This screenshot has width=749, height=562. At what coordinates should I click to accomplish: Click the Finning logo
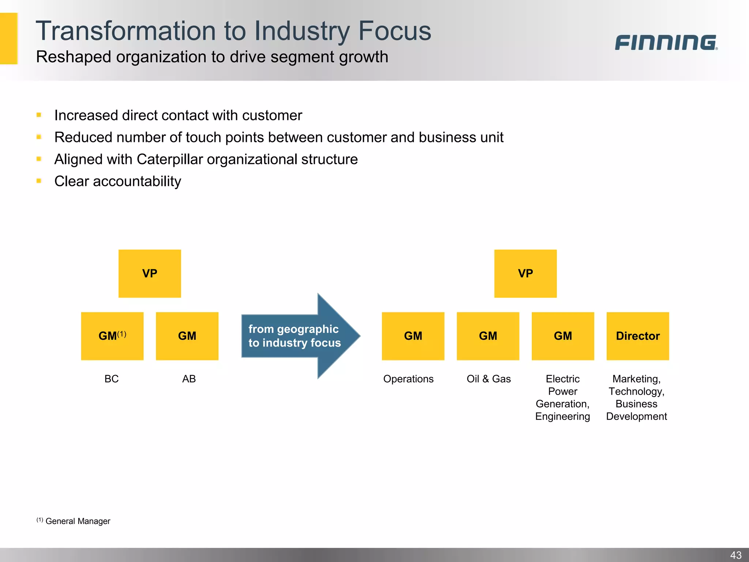tap(666, 42)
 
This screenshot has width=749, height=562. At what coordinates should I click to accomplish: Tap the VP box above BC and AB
tap(150, 273)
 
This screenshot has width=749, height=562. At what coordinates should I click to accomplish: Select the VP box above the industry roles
tap(525, 273)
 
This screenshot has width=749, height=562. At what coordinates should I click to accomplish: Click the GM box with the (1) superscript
tap(112, 336)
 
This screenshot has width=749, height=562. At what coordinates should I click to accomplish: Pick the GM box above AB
tap(187, 336)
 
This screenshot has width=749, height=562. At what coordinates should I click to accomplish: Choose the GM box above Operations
tap(413, 336)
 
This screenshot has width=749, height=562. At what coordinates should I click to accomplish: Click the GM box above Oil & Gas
tap(488, 336)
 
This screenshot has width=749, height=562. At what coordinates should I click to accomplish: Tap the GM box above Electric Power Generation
tap(562, 336)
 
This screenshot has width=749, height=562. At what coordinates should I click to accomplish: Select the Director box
tap(637, 336)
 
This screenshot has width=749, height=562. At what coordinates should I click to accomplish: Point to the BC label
tap(112, 379)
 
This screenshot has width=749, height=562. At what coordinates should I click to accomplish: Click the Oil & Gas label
tap(489, 379)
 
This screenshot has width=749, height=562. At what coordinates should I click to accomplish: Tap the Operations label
tap(408, 379)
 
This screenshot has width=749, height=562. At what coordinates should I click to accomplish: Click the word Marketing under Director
tap(636, 379)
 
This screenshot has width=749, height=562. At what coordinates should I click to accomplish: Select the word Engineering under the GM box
tap(562, 416)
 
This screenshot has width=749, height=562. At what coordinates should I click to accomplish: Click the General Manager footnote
tap(78, 521)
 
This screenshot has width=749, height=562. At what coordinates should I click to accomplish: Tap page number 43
tap(735, 555)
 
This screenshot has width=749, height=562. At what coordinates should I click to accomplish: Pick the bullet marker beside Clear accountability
tap(39, 181)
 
